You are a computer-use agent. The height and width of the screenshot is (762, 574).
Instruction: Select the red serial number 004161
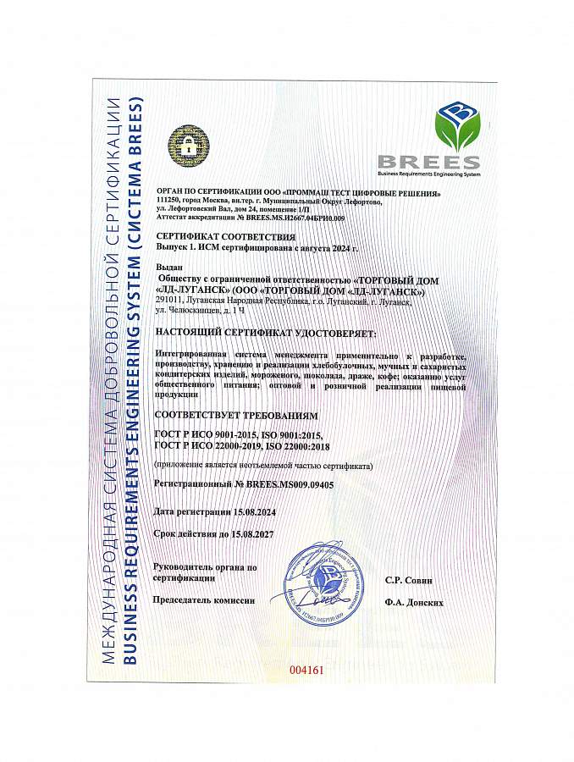click(306, 669)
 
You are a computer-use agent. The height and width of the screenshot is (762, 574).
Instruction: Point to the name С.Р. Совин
click(408, 580)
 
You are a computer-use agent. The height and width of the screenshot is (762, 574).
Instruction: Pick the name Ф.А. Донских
click(412, 602)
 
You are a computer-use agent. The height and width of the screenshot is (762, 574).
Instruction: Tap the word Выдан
click(169, 267)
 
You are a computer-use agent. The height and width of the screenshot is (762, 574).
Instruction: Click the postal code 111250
click(170, 201)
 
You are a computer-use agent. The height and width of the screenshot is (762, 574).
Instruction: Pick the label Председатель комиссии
click(203, 599)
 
